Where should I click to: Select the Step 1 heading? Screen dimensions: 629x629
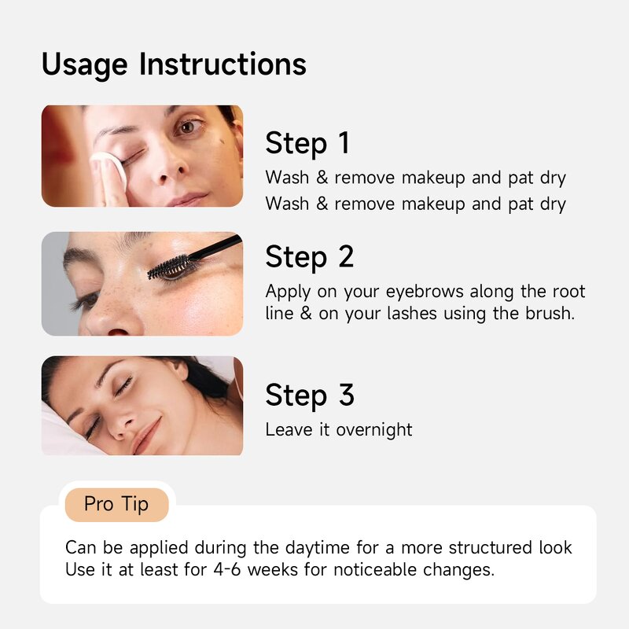[x=307, y=144]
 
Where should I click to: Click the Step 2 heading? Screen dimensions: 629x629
[x=309, y=257]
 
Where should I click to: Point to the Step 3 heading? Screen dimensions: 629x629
[x=309, y=395]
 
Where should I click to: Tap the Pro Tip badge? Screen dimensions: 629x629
[x=116, y=504]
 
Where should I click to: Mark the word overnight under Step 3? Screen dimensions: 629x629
[x=374, y=429]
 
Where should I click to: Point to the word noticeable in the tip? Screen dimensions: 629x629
[x=377, y=569]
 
